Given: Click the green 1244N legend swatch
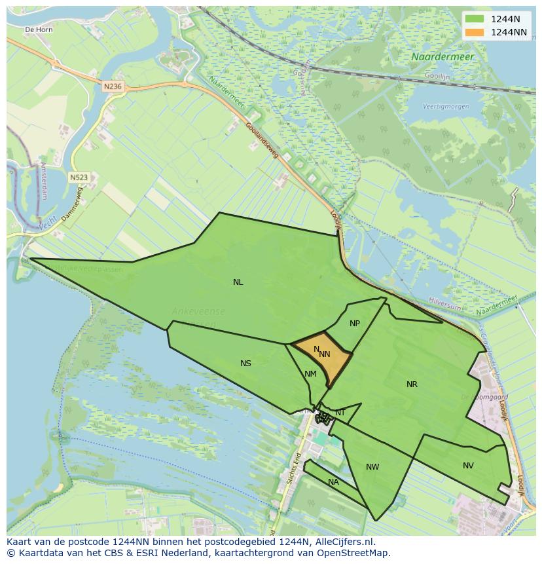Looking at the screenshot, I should (475, 18).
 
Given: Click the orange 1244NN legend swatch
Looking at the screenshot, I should (475, 32).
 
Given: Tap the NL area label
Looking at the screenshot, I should (238, 282).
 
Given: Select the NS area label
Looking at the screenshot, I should (245, 364).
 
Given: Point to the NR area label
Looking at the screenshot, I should (412, 385).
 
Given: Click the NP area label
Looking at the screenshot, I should (355, 324).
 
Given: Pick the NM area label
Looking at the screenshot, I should (310, 374).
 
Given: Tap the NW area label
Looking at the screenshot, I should (372, 467).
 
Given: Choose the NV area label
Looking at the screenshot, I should (468, 466).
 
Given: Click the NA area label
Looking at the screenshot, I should (333, 482).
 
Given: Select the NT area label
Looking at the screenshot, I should (340, 412).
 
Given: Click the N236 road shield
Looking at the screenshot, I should (113, 86).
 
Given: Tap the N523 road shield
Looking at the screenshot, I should (79, 177).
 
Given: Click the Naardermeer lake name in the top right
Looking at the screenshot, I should (443, 57).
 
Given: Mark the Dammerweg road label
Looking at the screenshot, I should (71, 204).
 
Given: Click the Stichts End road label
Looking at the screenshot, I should (293, 468).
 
